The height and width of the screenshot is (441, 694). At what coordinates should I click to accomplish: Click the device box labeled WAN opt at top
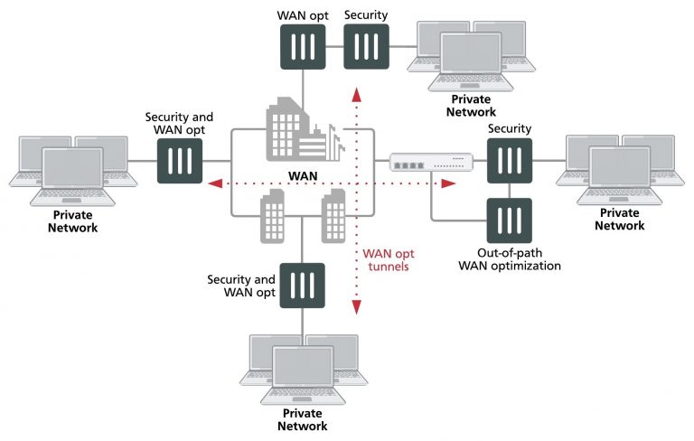tap(303, 46)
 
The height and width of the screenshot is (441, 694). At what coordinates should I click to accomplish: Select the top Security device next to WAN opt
tap(366, 46)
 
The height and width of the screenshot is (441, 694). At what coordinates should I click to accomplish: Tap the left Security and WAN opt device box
tap(179, 161)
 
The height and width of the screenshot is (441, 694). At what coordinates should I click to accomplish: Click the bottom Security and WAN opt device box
tap(302, 286)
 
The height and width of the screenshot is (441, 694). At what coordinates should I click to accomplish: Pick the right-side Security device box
tap(509, 161)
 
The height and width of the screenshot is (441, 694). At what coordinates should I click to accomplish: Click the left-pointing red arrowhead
tap(214, 184)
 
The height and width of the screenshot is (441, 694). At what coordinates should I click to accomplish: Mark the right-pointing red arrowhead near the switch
tap(448, 184)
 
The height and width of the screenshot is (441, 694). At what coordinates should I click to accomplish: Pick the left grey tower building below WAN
tap(274, 216)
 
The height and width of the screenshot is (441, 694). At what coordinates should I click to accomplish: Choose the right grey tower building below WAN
tap(333, 216)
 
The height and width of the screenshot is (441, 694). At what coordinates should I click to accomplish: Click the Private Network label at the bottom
tap(302, 419)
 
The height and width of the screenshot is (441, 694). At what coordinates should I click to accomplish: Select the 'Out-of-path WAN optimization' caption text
tap(510, 259)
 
